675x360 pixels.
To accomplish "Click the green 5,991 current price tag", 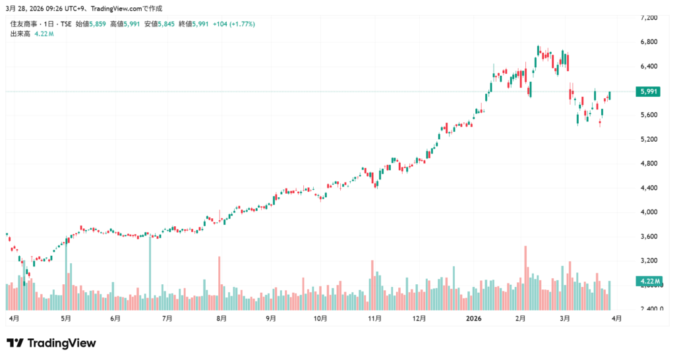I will (649, 92).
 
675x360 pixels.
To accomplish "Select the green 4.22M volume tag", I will (649, 282).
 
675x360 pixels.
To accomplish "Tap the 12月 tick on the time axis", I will (419, 318).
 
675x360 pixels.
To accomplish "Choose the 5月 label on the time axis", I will (65, 318).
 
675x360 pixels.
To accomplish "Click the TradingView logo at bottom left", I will (51, 343).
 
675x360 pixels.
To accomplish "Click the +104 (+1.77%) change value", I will (233, 24).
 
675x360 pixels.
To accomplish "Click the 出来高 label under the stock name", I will (20, 34).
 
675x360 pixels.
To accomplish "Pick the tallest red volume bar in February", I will (525, 278).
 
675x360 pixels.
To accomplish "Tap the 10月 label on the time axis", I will (320, 318).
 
